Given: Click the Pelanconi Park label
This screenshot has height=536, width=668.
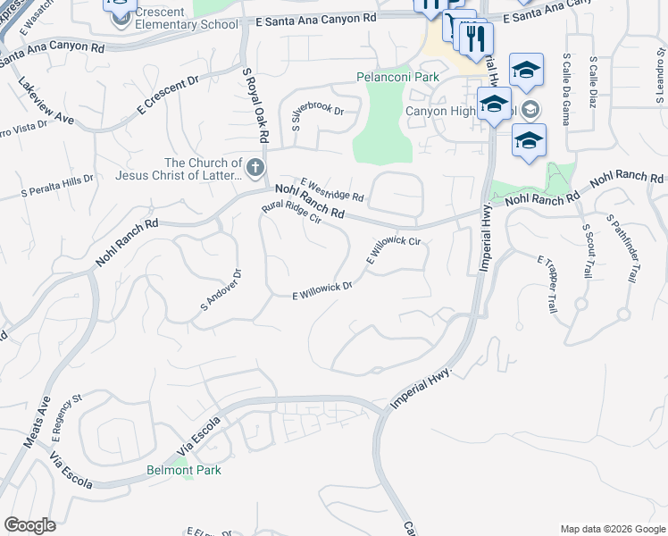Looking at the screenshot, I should click(x=397, y=77).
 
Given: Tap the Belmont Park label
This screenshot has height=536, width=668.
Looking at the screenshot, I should click(x=184, y=470).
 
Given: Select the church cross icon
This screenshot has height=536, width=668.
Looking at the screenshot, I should click(x=255, y=167).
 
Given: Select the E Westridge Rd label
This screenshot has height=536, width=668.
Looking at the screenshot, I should click(x=332, y=188).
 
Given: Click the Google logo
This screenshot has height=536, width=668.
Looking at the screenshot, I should click(x=29, y=525).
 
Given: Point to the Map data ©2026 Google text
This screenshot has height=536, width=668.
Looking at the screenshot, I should click(x=612, y=529).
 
